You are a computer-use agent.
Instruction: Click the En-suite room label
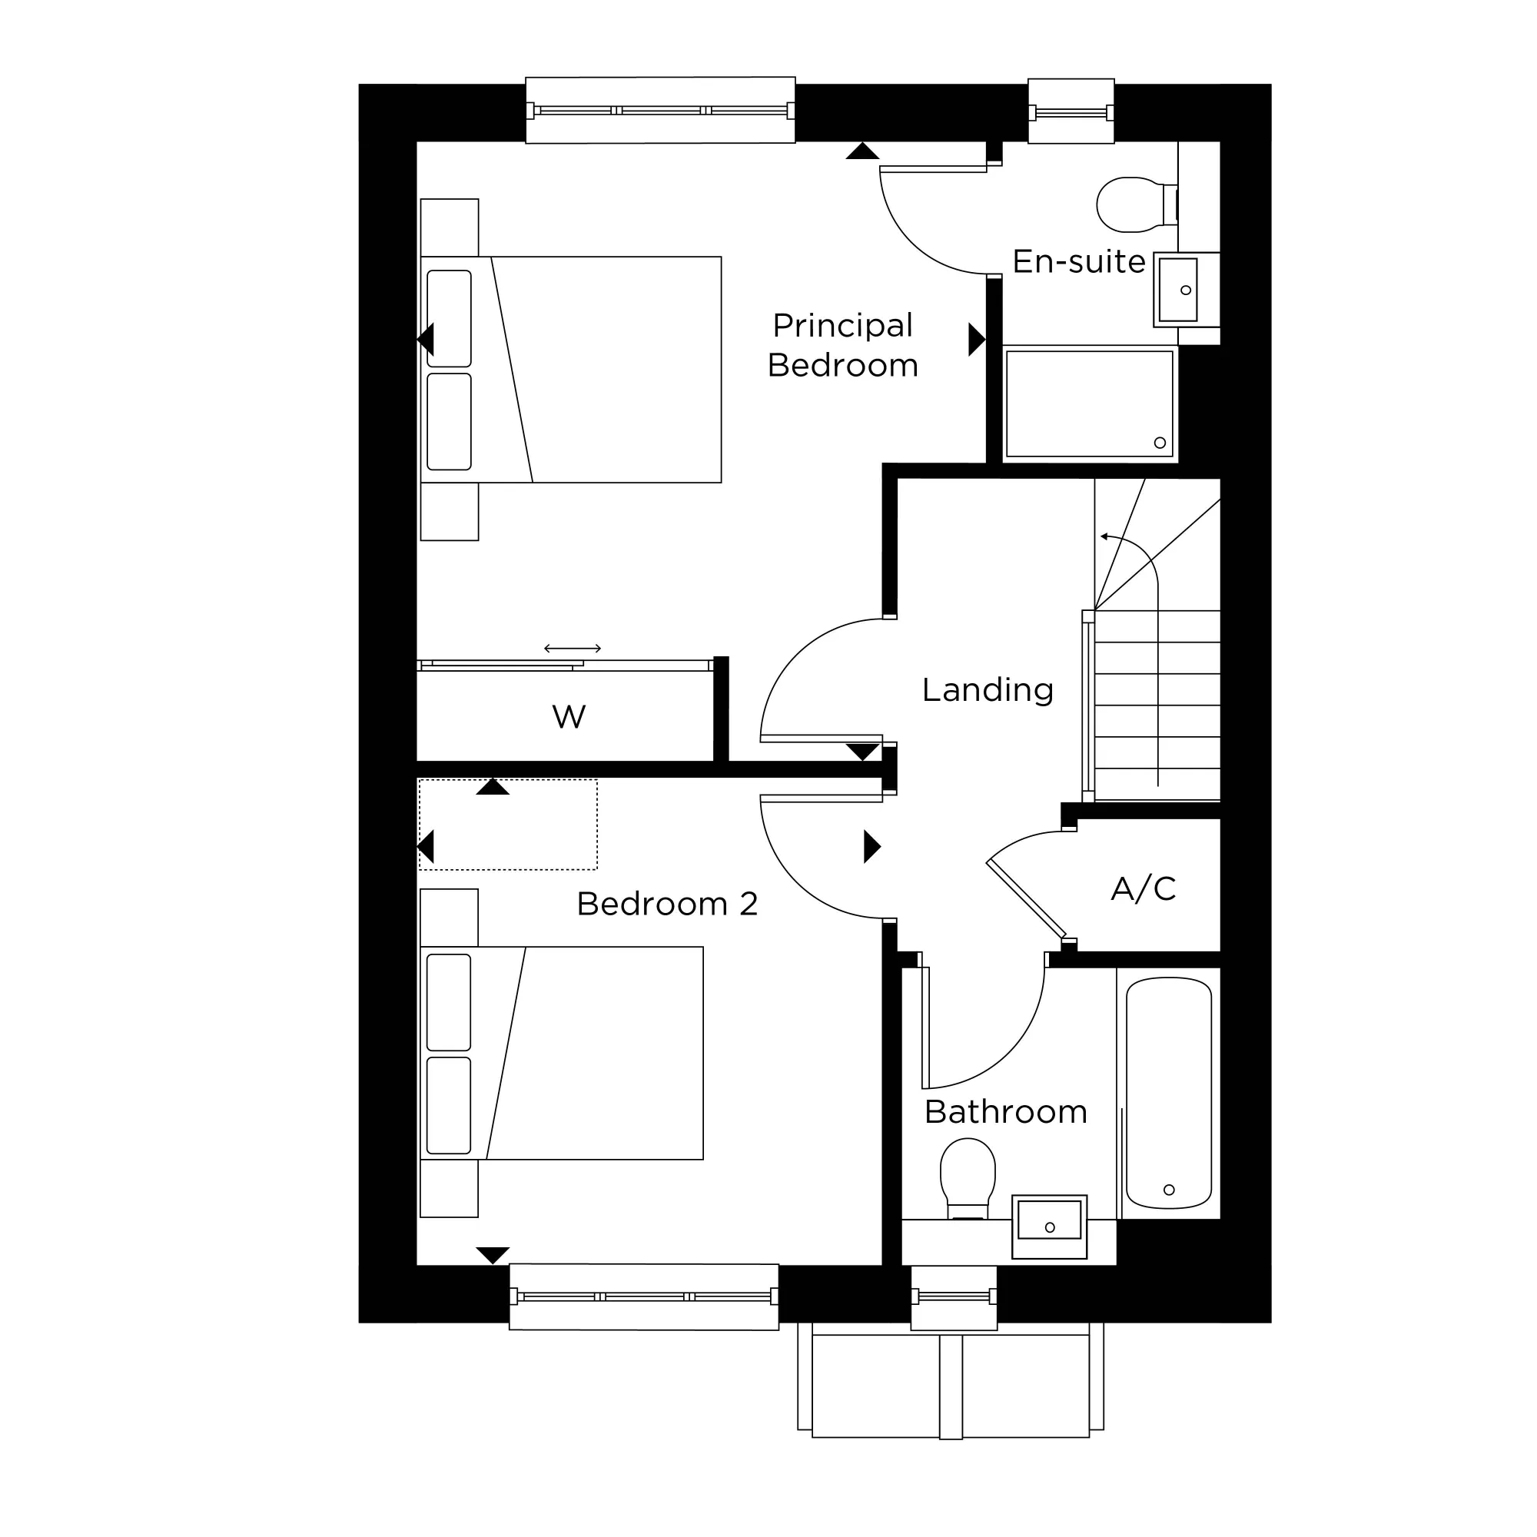click(1079, 262)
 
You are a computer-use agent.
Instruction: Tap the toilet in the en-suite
click(1137, 204)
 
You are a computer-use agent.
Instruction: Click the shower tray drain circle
click(1160, 443)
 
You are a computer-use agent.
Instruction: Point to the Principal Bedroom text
click(842, 345)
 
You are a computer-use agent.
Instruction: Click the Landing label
click(988, 691)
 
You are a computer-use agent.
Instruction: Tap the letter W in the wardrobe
click(569, 717)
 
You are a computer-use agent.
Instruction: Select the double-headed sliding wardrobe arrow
click(573, 649)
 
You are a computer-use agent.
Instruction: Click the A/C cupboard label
click(1144, 888)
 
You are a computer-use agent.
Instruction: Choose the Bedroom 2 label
click(666, 904)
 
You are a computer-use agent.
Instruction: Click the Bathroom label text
click(1005, 1112)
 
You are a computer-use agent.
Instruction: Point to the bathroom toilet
click(968, 1179)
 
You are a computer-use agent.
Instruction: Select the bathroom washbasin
click(1049, 1226)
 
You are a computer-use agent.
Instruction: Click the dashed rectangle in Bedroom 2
click(507, 824)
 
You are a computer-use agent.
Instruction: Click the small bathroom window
click(954, 1296)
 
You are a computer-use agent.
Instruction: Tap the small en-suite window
click(1071, 111)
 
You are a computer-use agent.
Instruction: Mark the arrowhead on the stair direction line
click(1105, 536)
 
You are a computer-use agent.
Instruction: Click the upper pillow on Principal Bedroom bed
click(449, 318)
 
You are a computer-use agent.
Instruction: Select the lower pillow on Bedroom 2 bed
click(449, 1105)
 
